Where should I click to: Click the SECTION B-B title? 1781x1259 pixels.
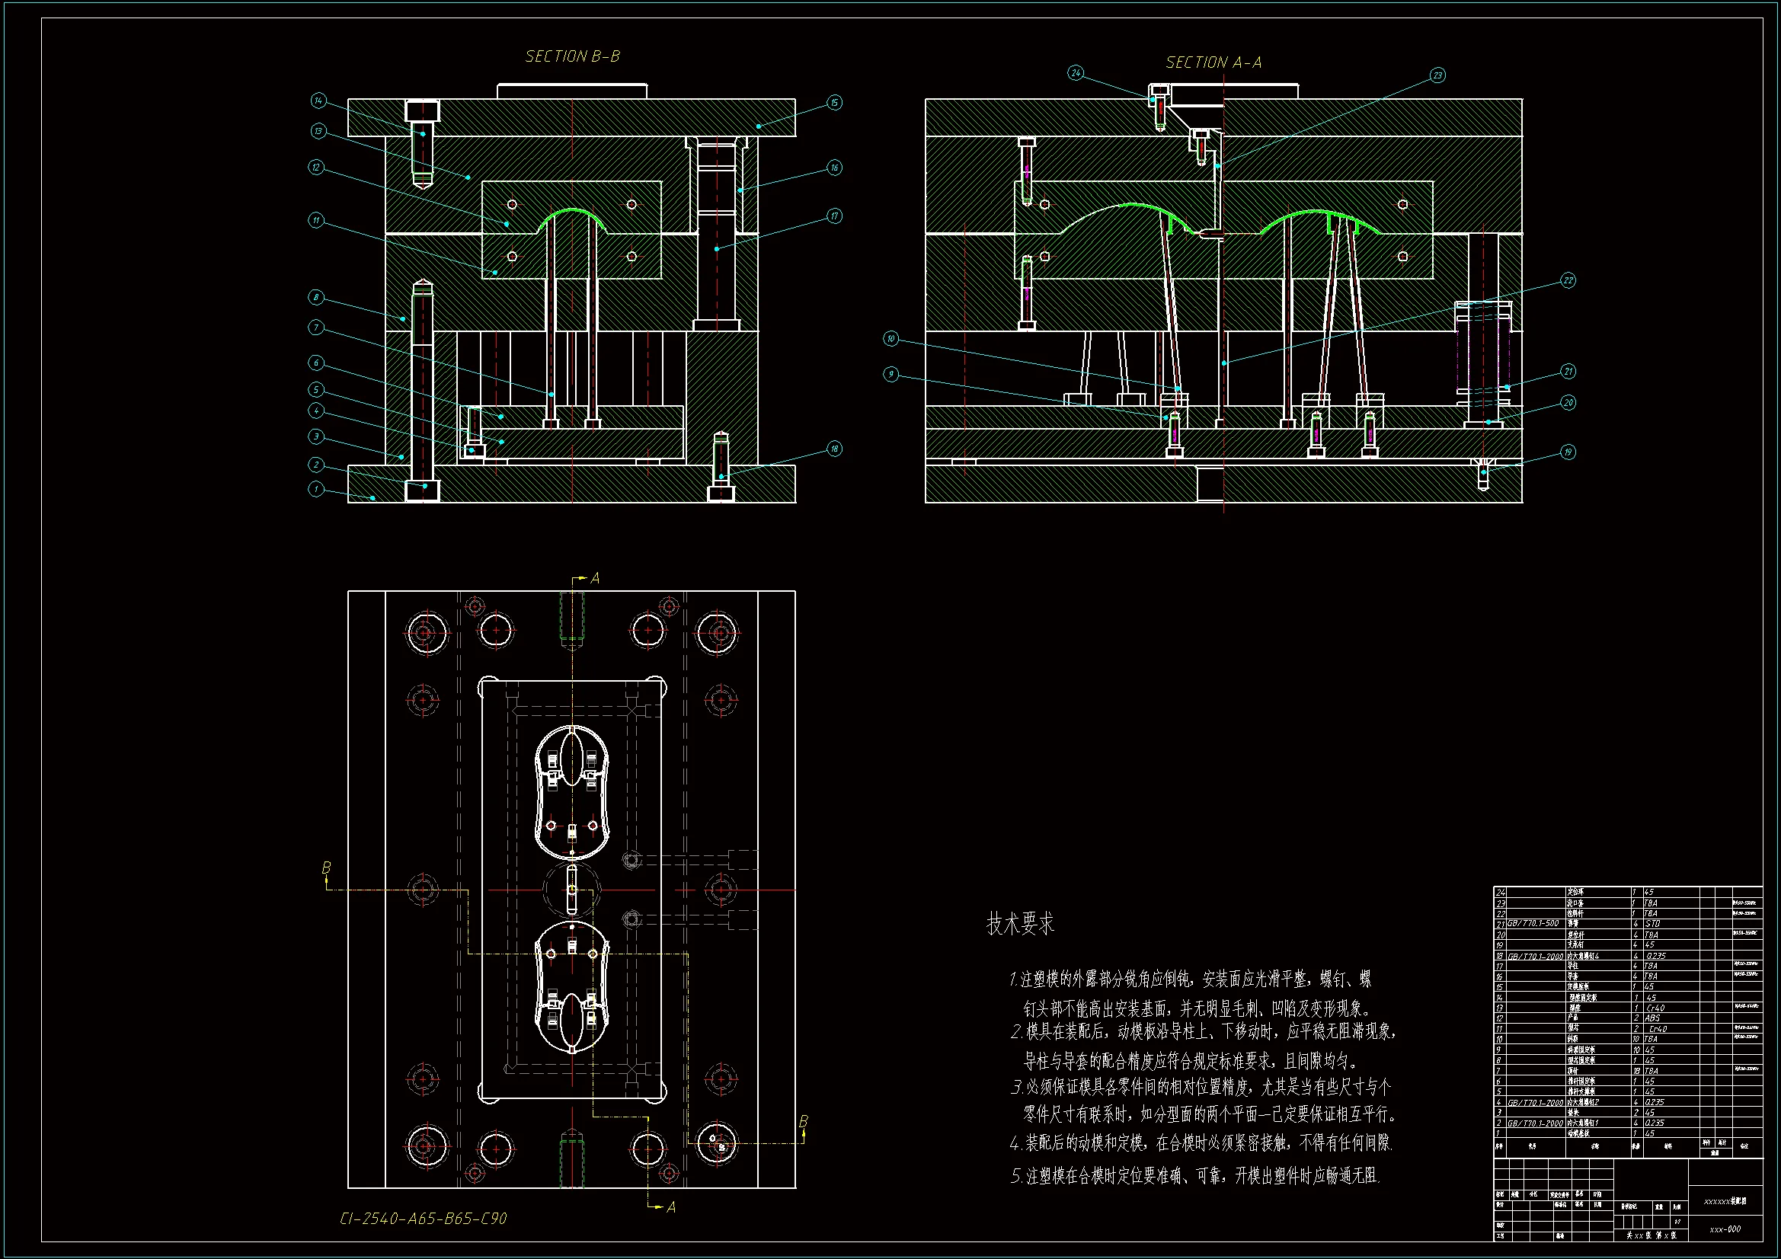pos(573,56)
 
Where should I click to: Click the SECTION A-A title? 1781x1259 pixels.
pos(1213,62)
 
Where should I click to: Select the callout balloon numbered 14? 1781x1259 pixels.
pos(319,101)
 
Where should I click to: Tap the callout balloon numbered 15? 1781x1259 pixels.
pos(834,102)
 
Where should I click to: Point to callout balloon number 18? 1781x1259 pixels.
pos(834,449)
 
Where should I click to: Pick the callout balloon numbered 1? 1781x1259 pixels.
pos(315,489)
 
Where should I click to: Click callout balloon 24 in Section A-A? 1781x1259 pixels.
pos(1075,73)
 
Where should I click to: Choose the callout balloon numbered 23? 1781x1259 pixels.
pos(1437,75)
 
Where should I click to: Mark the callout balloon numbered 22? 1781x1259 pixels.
pos(1568,280)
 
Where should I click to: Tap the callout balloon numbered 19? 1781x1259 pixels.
pos(1568,452)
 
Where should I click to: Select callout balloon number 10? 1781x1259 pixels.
pos(891,338)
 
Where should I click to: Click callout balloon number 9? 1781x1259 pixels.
pos(891,374)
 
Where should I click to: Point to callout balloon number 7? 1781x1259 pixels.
pos(315,328)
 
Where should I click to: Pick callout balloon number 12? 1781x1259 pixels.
pos(315,168)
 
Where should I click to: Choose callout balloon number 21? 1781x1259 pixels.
pos(1568,372)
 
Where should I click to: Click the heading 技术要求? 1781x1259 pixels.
pos(1020,923)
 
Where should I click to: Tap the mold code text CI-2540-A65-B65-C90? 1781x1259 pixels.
pos(424,1219)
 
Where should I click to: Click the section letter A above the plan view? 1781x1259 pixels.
pos(595,578)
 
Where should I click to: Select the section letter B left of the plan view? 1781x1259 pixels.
pos(327,867)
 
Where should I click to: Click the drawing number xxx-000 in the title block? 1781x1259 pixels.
pos(1725,1229)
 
